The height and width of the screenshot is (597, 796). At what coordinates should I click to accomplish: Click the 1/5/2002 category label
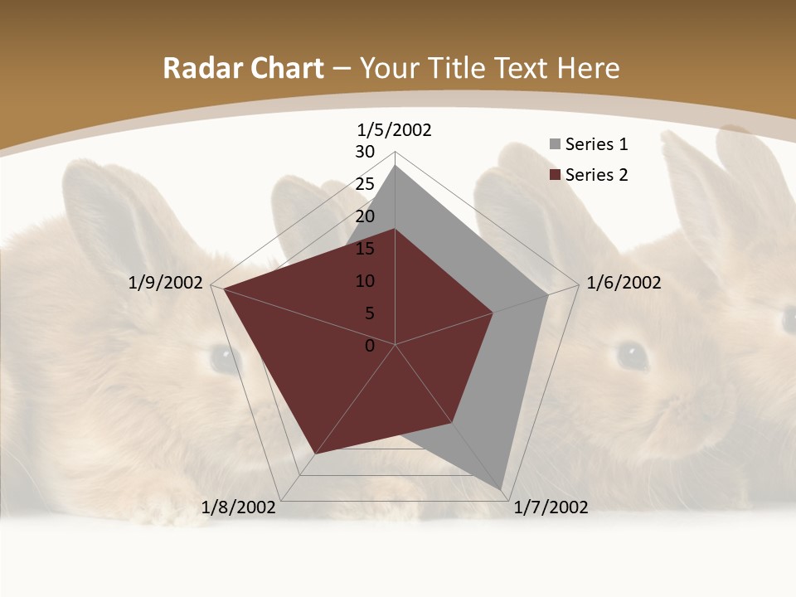pyautogui.click(x=395, y=130)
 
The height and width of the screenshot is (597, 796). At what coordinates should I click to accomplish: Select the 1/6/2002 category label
pyautogui.click(x=624, y=283)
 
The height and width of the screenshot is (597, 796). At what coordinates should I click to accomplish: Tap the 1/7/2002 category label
pyautogui.click(x=551, y=507)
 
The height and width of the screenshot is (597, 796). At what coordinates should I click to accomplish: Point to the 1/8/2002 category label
pyautogui.click(x=239, y=507)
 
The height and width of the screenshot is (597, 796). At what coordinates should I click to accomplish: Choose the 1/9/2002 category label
pyautogui.click(x=166, y=283)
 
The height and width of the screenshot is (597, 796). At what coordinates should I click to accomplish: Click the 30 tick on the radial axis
pyautogui.click(x=365, y=152)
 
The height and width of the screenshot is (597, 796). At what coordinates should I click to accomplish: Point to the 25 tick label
pyautogui.click(x=365, y=184)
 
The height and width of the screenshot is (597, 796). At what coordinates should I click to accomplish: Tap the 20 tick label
pyautogui.click(x=365, y=216)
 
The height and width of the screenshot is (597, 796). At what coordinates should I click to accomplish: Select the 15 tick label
pyautogui.click(x=365, y=249)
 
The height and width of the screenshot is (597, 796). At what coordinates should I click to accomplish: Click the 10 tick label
pyautogui.click(x=365, y=281)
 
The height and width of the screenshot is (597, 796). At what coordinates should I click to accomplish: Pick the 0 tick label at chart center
pyautogui.click(x=370, y=346)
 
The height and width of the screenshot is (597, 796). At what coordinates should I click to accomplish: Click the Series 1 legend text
pyautogui.click(x=596, y=144)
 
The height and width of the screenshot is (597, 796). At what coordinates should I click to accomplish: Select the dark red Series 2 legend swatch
pyautogui.click(x=555, y=175)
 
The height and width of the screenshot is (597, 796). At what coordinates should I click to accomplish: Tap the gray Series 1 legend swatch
pyautogui.click(x=555, y=145)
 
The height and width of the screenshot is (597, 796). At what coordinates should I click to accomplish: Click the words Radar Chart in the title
pyautogui.click(x=243, y=68)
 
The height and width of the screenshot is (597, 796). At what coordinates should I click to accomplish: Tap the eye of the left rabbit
pyautogui.click(x=222, y=357)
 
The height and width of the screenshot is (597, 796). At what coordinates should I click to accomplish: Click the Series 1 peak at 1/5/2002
pyautogui.click(x=396, y=165)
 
